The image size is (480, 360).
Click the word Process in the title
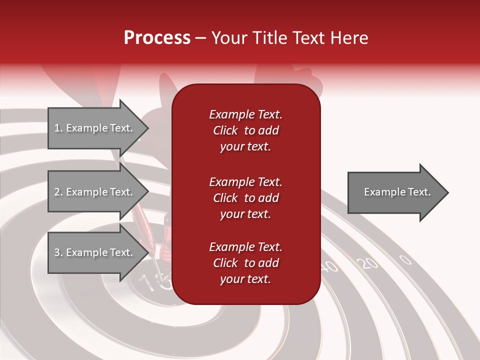[157, 38]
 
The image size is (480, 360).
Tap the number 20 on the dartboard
[369, 263]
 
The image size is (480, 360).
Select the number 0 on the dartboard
[405, 259]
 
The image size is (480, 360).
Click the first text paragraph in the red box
[245, 130]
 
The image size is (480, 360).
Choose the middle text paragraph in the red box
[245, 197]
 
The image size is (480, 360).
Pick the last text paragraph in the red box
[245, 263]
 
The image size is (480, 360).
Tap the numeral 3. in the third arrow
[58, 252]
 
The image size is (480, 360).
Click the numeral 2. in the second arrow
[58, 192]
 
